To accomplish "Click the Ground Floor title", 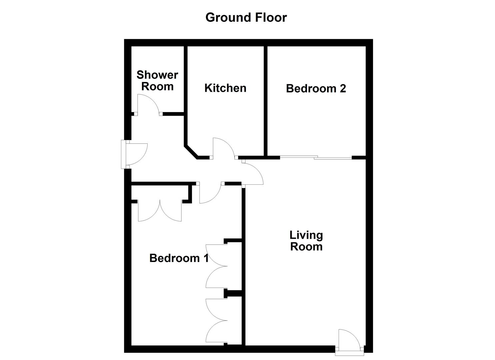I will click(x=246, y=17).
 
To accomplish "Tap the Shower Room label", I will click(x=157, y=80).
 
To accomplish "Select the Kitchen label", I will click(x=225, y=88).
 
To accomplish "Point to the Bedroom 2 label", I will click(x=316, y=88).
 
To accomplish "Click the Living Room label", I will click(x=306, y=241).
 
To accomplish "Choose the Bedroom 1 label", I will click(x=179, y=258).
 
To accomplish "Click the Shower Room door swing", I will click(x=148, y=104).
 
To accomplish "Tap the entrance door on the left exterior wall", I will click(x=135, y=154).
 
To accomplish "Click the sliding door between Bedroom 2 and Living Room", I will click(x=315, y=157).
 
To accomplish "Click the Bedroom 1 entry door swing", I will click(x=210, y=193).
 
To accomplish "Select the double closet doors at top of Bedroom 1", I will click(x=160, y=211).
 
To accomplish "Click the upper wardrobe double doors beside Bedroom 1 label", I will click(x=216, y=266).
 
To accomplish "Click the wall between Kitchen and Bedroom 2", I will click(x=266, y=100).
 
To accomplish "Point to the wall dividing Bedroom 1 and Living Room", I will click(x=243, y=267).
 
